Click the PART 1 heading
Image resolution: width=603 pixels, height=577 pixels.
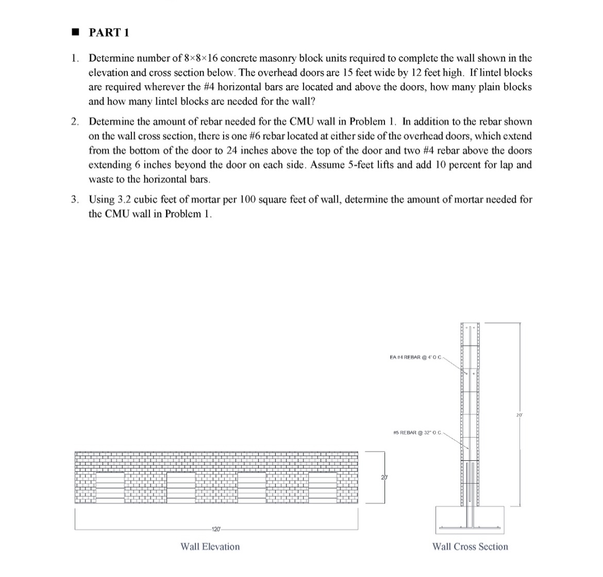[109, 33]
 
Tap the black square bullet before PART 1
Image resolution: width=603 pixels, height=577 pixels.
[75, 33]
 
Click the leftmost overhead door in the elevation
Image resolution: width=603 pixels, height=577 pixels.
[110, 487]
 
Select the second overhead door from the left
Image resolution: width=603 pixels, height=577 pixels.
[180, 487]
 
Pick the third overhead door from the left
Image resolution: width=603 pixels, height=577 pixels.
[251, 487]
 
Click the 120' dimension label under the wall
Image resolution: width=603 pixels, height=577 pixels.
[215, 529]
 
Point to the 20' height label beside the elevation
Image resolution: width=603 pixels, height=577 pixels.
[383, 477]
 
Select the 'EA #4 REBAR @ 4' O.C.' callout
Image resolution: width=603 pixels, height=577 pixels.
[413, 356]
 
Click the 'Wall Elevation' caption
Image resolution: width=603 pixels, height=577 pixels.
[210, 547]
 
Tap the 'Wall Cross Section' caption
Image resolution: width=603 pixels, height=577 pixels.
[470, 547]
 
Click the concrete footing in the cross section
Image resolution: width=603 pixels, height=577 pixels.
[470, 520]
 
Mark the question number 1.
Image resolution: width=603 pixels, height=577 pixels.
[75, 58]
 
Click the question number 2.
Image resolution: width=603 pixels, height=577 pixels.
[75, 122]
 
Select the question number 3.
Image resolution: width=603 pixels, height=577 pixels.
[75, 199]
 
